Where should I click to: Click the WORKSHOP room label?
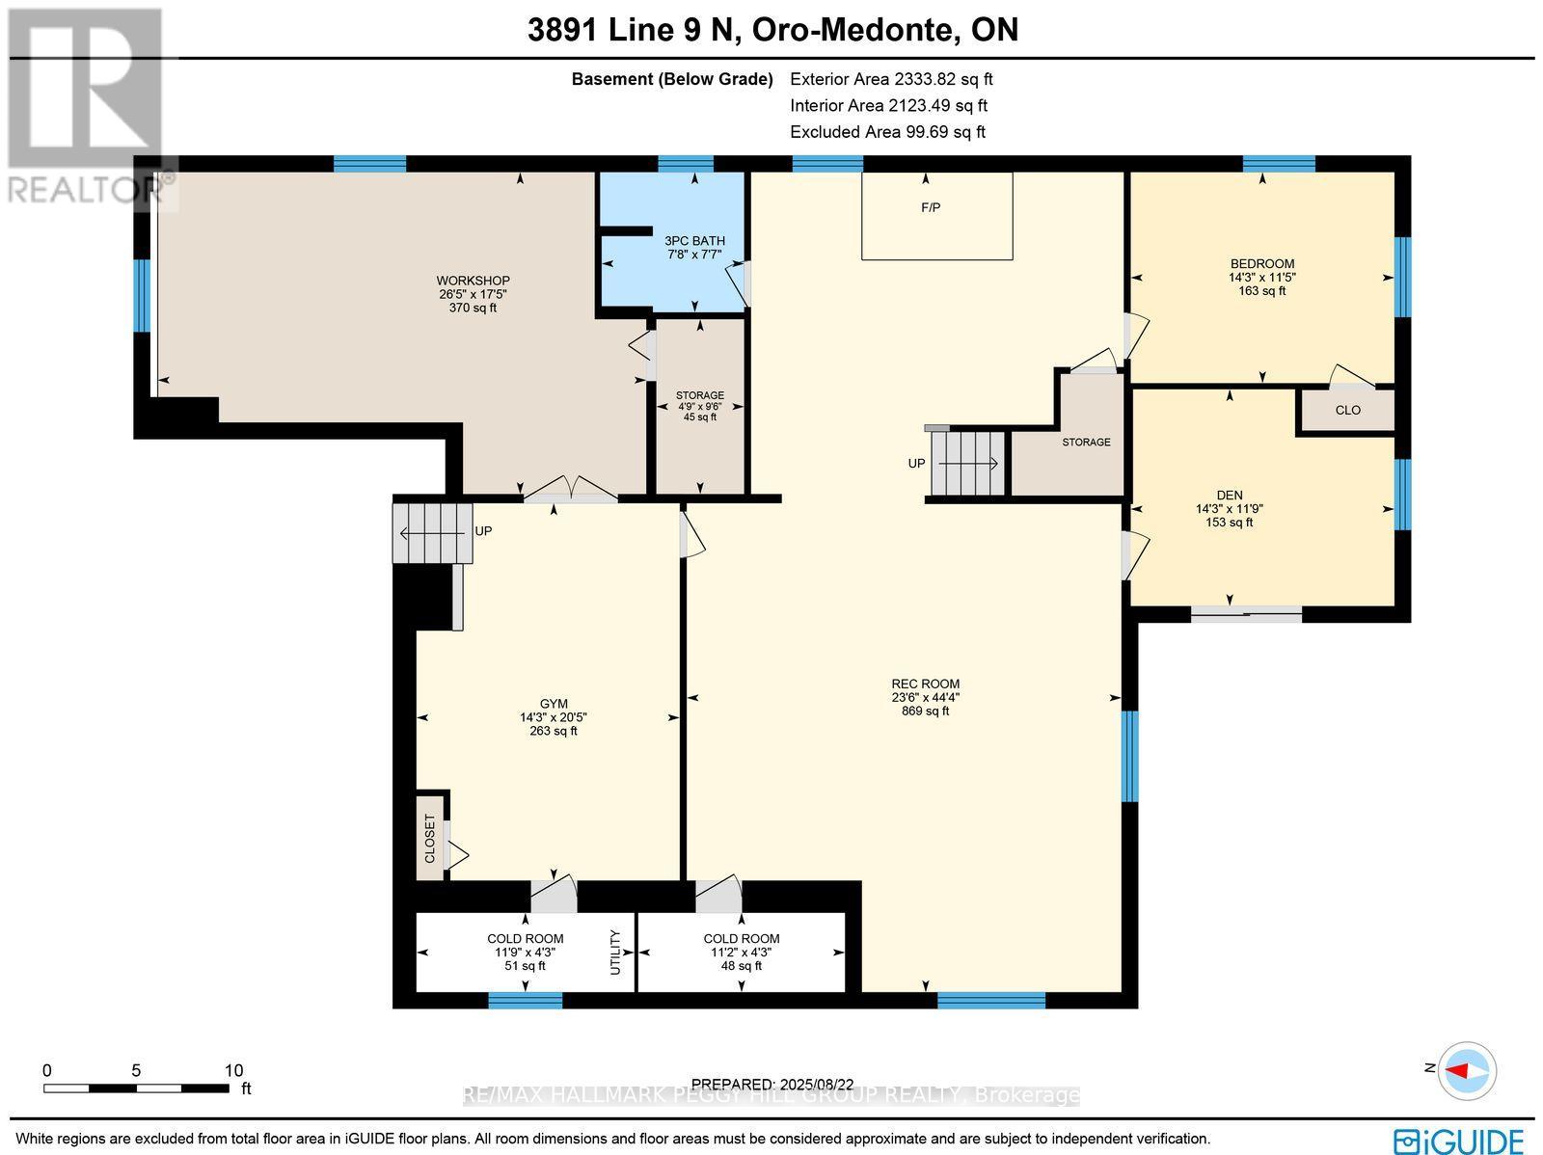[473, 281]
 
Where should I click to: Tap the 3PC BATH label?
[694, 241]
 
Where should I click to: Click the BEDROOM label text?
[1261, 263]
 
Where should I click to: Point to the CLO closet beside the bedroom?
[1347, 410]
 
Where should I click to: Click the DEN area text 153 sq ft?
[1229, 523]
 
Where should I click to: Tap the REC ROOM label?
[925, 684]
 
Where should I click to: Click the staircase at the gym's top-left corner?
[432, 531]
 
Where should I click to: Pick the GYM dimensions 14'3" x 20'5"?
[553, 717]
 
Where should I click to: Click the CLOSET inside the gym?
[430, 838]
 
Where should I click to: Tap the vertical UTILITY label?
[615, 952]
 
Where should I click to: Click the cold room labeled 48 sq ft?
[741, 952]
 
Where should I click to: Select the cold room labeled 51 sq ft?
[525, 952]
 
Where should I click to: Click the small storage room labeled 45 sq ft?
[699, 406]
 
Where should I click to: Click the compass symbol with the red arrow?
[1467, 1070]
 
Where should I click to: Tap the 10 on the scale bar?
[233, 1070]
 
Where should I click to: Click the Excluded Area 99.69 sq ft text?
[887, 132]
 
